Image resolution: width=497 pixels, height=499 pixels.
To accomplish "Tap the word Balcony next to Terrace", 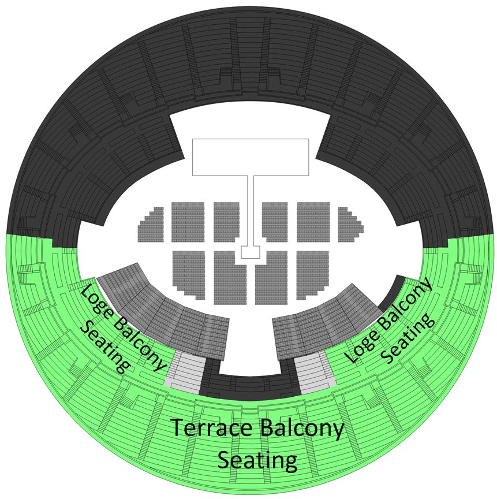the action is coord(302,429).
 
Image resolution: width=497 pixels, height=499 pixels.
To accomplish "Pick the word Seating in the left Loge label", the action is coord(105,347).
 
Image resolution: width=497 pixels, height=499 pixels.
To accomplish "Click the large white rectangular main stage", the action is coord(251,157).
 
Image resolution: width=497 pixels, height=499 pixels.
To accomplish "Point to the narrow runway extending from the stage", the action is coord(251,210).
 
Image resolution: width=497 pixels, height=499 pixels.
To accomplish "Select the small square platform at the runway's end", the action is coord(251,252).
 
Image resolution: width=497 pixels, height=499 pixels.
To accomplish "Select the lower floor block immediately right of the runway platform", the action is coord(271,277).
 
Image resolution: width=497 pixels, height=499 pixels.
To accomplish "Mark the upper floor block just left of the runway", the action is coord(227,222).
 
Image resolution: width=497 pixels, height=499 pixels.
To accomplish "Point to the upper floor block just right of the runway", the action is coord(275,222).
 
